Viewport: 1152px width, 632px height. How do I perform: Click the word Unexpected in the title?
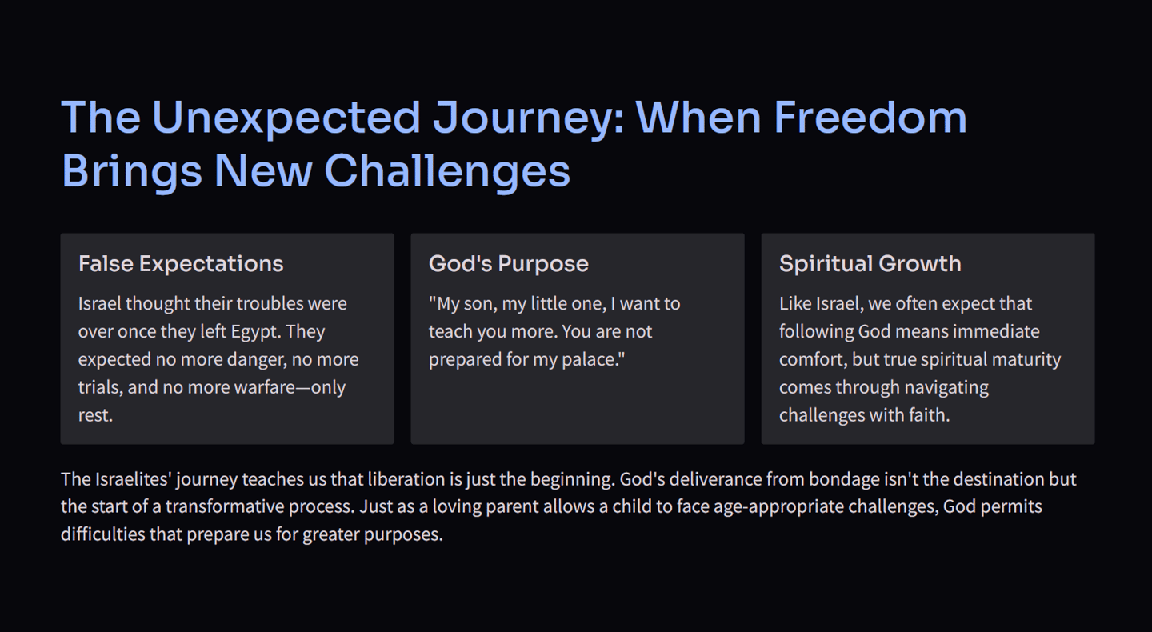(x=286, y=118)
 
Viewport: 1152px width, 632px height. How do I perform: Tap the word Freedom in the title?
(x=870, y=118)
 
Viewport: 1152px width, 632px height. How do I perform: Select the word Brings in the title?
(x=132, y=172)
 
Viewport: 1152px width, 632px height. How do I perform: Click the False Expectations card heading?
(x=181, y=264)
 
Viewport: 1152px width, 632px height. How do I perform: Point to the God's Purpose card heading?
(x=509, y=264)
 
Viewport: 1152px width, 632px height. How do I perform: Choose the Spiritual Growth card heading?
(x=870, y=264)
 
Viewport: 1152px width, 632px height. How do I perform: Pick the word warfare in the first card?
(x=265, y=387)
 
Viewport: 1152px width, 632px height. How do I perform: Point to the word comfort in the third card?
(x=813, y=359)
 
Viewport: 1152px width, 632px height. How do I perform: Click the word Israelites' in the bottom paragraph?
(x=133, y=479)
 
